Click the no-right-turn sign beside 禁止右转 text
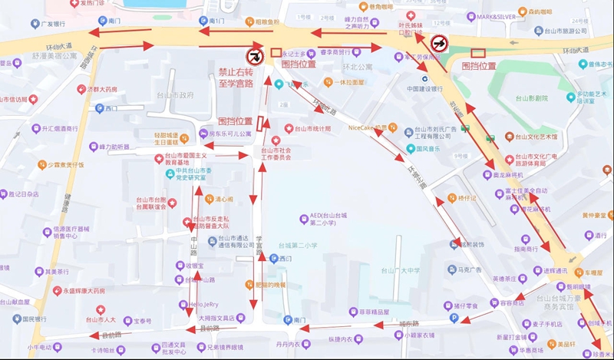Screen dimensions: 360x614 click(x=253, y=56)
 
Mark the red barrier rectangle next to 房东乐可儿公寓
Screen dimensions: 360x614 click(x=262, y=123)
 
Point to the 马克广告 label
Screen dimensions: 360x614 click(x=464, y=270)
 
